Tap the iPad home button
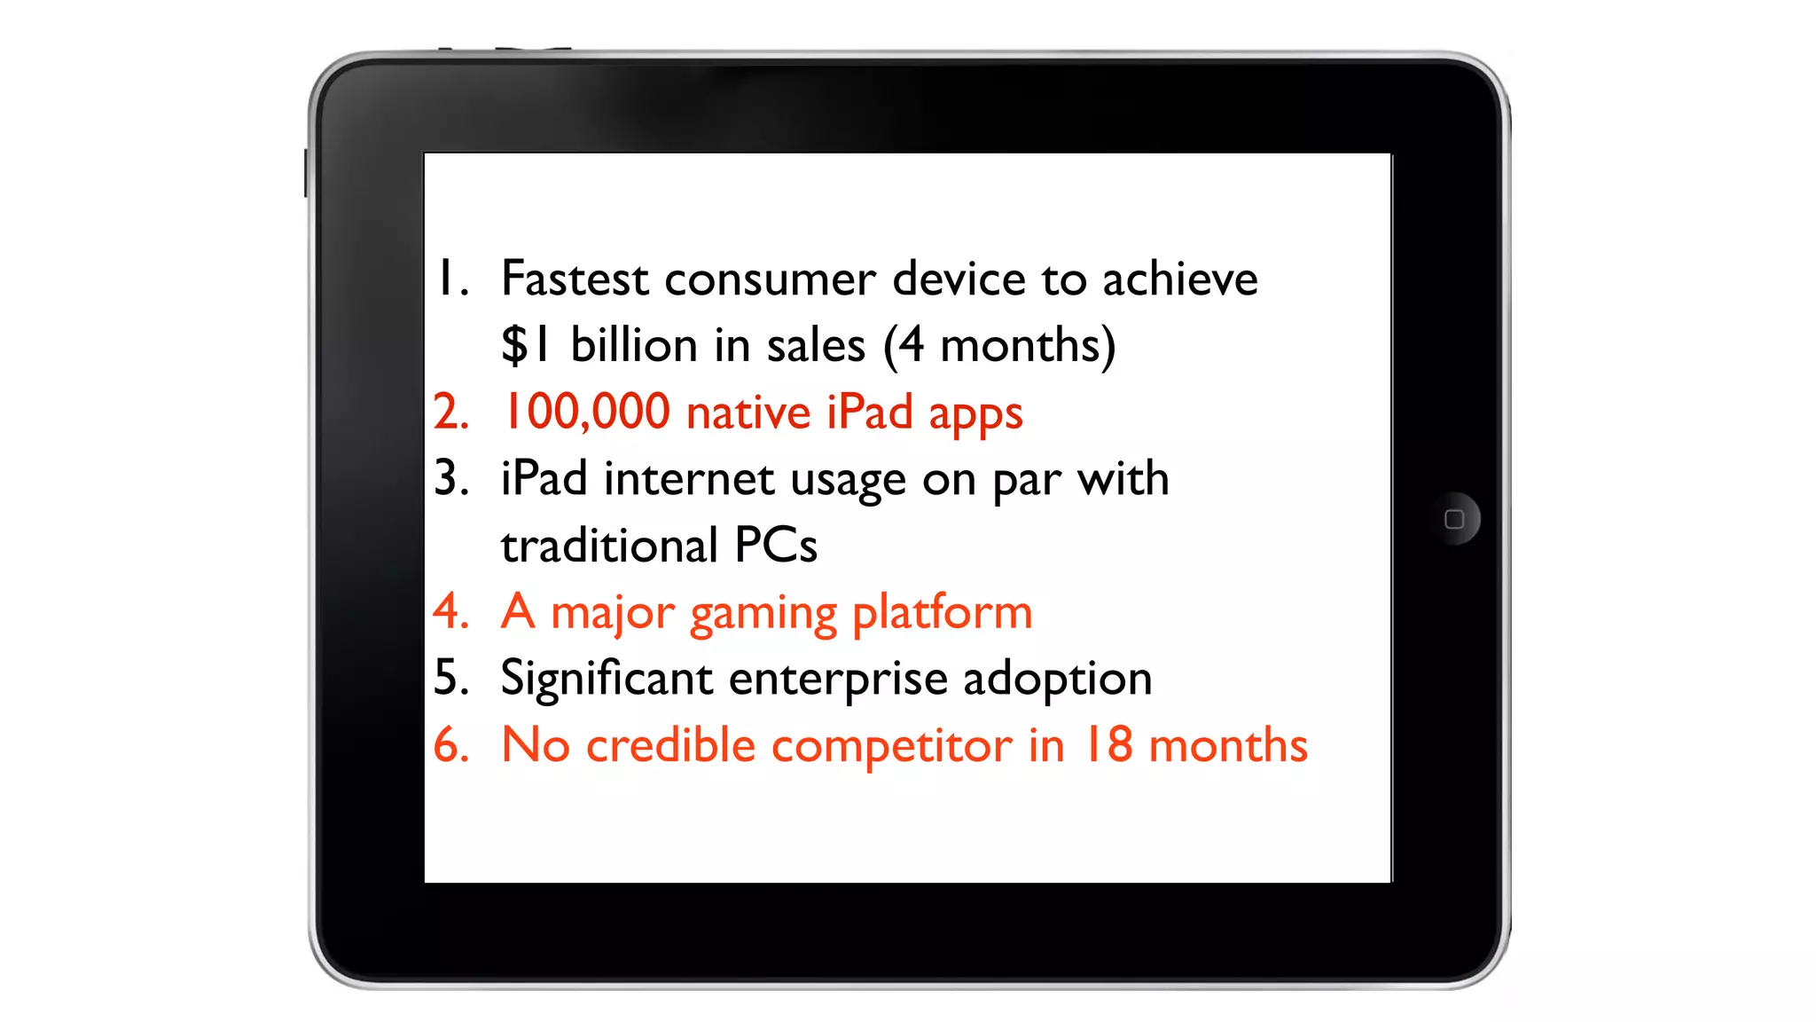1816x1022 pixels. coord(1454,519)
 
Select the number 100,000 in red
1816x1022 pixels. coord(586,413)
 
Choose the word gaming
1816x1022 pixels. coord(763,613)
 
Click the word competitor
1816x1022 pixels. coord(891,745)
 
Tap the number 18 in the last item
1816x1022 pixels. coord(1107,745)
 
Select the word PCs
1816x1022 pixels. coord(776,546)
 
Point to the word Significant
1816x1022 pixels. coord(607,679)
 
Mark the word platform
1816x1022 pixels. coord(943,613)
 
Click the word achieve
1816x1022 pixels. coord(1179,279)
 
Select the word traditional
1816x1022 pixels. coord(609,546)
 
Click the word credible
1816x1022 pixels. coord(670,745)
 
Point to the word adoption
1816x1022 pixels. coord(1057,679)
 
